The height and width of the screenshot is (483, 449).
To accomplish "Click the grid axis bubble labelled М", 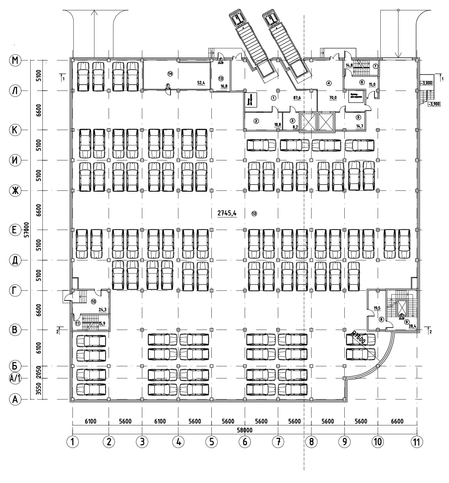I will click(14, 60).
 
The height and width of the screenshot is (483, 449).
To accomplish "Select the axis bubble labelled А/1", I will click(14, 378).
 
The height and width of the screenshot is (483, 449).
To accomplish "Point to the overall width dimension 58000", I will click(245, 430).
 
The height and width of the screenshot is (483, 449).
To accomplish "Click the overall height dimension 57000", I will click(27, 230).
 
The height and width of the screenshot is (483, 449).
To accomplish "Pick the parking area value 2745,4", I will click(227, 213).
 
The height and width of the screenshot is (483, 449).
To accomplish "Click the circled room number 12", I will click(254, 214).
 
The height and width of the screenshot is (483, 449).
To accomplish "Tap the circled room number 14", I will click(170, 73).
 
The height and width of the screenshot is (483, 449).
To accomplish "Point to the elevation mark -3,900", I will click(433, 104).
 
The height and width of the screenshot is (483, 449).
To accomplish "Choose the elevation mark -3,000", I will click(426, 83).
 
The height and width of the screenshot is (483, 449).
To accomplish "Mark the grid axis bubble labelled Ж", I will click(14, 190).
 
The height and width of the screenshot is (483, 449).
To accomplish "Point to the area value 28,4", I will click(413, 326).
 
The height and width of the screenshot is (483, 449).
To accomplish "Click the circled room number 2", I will click(256, 121).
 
